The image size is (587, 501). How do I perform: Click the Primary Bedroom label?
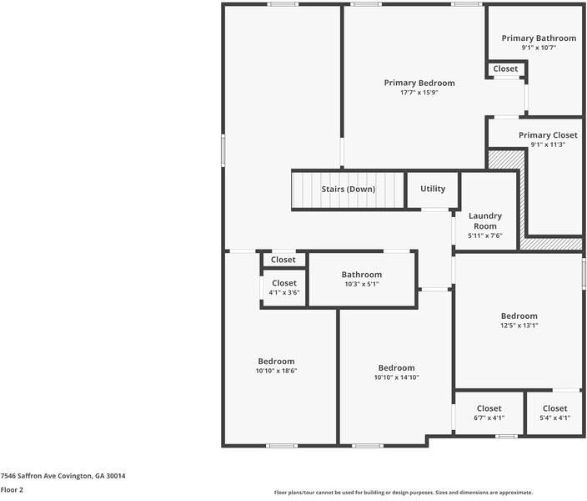point(419,83)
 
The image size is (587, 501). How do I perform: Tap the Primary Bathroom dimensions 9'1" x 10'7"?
point(538,48)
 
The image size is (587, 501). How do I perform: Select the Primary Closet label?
point(548,135)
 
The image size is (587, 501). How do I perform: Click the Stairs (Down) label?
point(349,190)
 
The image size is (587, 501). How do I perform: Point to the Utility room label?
point(433,189)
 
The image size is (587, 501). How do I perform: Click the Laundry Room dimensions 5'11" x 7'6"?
point(484,236)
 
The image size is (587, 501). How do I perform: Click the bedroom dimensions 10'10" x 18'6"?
point(276,371)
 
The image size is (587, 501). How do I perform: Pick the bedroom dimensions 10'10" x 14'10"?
point(396,377)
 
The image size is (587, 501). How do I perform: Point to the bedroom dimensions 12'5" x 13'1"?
point(519,326)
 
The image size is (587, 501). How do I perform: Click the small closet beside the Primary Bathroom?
point(505,69)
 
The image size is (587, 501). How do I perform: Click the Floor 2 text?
point(12,490)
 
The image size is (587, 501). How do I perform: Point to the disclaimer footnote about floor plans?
point(403,493)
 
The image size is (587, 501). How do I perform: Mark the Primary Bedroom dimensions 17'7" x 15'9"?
point(419,93)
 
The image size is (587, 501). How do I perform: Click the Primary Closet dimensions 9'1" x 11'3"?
point(548,145)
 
